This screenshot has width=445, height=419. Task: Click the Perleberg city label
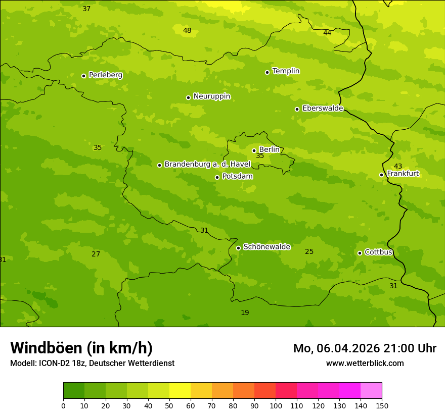coord(105,75)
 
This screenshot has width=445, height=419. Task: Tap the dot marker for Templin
coord(267,72)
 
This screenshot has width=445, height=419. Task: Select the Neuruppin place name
coord(211,96)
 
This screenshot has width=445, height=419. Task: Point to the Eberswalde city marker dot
coord(297,109)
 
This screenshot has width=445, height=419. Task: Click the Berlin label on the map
coord(269,149)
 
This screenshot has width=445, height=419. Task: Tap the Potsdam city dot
coord(217,177)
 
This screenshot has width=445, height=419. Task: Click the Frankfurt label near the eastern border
coord(403,174)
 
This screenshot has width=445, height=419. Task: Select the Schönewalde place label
coord(266,247)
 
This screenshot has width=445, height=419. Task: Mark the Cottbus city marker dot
coord(360,253)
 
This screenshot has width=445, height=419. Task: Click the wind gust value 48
coord(187,31)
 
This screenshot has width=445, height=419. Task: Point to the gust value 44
coord(327,33)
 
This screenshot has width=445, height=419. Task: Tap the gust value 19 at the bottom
coord(245,313)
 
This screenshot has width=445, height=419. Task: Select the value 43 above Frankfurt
coord(398,166)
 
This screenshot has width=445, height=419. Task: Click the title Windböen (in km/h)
coord(81,348)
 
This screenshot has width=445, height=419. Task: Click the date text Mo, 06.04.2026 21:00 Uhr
coord(365,348)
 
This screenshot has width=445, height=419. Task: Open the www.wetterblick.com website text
coord(365,363)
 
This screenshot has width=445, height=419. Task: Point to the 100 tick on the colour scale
coord(276,405)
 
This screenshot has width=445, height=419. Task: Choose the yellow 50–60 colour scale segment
coord(180,390)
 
